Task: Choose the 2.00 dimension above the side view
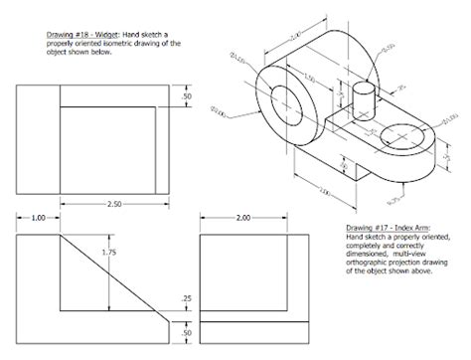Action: coord(243,217)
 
